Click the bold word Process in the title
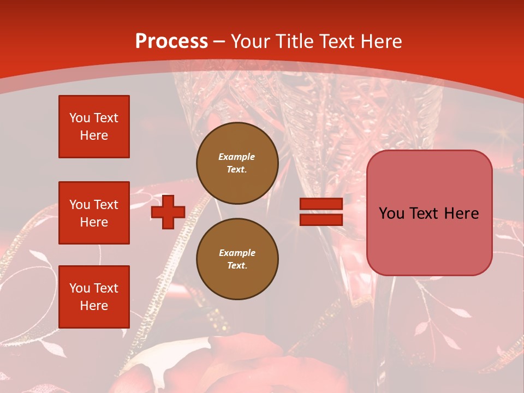point(171,41)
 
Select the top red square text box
point(94,127)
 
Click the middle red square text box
point(94,213)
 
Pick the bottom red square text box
point(94,297)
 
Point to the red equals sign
point(321,212)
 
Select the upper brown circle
point(237,163)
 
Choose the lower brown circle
point(237,259)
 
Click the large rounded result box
point(429,213)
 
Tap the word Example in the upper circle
point(237,157)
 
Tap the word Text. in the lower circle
point(237,266)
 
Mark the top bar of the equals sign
point(321,204)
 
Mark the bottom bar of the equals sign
point(321,219)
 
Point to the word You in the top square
point(80,118)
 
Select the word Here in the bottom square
point(94,306)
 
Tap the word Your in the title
point(251,41)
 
